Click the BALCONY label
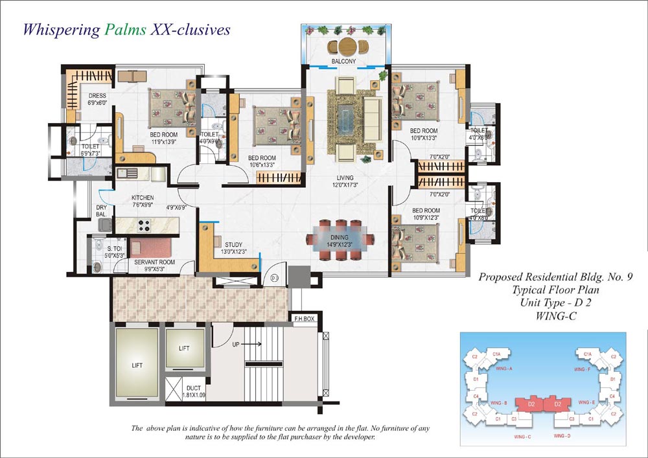pyautogui.click(x=343, y=62)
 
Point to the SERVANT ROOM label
pyautogui.click(x=150, y=262)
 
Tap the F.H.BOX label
pyautogui.click(x=304, y=319)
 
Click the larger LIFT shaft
pyautogui.click(x=137, y=365)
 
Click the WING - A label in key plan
pyautogui.click(x=504, y=368)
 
